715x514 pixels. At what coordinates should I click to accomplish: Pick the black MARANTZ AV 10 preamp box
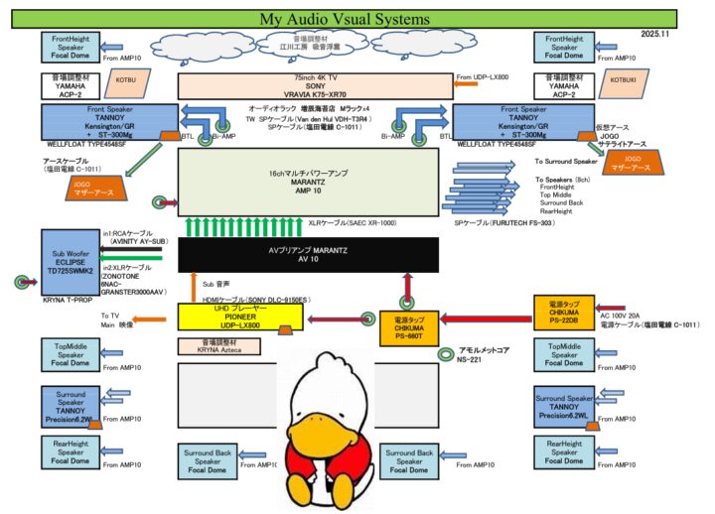coord(307,255)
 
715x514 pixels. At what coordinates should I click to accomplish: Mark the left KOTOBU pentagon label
coord(126,76)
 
